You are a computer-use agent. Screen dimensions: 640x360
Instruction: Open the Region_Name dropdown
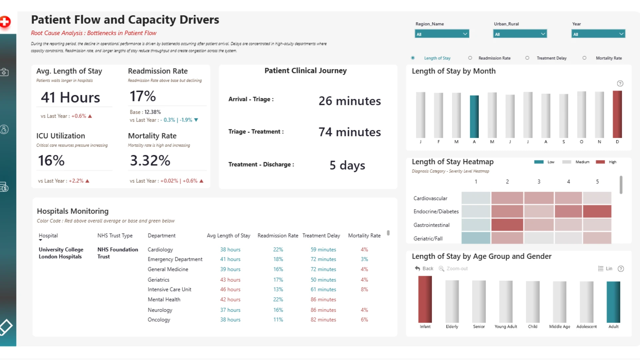coord(442,34)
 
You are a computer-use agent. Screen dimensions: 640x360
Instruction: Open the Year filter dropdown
coord(598,34)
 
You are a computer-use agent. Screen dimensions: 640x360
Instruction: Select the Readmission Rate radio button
coord(470,58)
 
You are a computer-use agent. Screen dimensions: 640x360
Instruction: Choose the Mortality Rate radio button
coord(584,58)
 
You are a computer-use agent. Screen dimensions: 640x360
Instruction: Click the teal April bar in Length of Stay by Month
coord(474,117)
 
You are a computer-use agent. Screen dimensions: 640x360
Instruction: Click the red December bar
coord(617,114)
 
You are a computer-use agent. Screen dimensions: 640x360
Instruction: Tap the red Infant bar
coord(425,299)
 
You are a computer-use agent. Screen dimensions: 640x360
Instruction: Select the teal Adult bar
coord(613,302)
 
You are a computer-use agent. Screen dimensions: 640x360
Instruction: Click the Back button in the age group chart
coord(424,269)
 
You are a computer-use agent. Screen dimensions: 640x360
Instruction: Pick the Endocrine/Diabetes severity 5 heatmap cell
coord(597,211)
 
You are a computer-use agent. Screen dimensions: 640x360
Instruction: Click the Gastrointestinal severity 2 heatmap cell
coord(507,225)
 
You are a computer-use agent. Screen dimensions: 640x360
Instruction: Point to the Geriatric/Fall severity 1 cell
coord(476,238)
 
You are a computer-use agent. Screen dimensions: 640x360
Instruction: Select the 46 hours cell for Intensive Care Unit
coord(230,289)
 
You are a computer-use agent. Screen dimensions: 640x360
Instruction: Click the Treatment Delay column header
coord(321,236)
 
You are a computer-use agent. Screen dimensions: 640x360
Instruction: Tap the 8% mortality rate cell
coord(364,289)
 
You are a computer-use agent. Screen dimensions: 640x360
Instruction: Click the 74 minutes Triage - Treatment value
coord(350,132)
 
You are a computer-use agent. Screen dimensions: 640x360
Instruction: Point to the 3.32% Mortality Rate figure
coord(150,161)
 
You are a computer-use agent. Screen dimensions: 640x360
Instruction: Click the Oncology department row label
coord(159,320)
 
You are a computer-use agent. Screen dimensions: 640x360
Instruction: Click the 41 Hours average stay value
coord(70,98)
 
